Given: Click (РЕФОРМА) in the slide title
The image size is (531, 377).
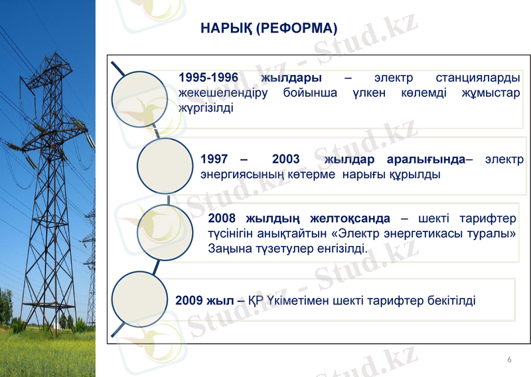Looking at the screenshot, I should click(296, 29).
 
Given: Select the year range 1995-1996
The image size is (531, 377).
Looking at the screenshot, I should click(208, 78).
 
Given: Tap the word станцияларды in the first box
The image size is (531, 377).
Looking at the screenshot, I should click(478, 78).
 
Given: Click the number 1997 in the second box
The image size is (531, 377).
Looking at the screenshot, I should click(214, 160).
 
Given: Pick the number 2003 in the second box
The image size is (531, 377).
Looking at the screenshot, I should click(285, 160).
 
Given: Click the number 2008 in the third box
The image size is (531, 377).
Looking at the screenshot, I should click(222, 219).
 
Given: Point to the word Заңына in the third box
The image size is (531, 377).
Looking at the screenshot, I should click(227, 249).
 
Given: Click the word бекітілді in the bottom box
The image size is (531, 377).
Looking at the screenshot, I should click(451, 301).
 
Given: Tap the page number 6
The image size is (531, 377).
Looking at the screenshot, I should click(509, 360).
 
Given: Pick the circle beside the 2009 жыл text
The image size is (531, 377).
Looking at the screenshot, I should click(139, 299).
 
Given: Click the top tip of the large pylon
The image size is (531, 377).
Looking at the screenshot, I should click(51, 53).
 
